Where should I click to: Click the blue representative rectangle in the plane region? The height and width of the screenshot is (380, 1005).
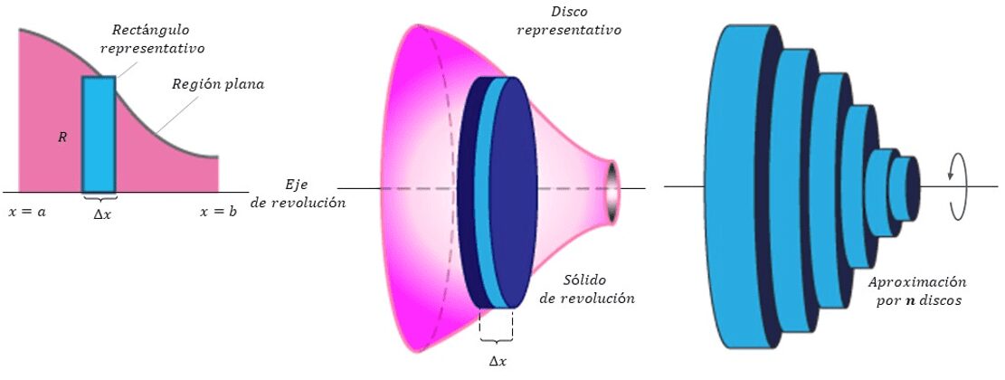pos(99,134)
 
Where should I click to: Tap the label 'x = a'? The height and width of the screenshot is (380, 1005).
pos(27,212)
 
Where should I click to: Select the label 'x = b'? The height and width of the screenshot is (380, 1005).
pos(218,212)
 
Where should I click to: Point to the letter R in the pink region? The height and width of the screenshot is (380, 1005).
pos(62,137)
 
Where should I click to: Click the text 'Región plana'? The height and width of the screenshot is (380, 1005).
pos(218,84)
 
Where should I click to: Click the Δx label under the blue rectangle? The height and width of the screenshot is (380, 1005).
pos(102,215)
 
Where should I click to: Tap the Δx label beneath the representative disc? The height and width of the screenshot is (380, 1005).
pos(498,361)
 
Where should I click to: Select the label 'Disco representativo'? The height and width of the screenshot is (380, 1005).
pos(568,21)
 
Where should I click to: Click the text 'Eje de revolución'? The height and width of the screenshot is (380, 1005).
pos(298,194)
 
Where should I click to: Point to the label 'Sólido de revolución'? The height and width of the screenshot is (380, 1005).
pos(588,290)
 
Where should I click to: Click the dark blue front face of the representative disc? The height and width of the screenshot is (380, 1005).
pos(514,192)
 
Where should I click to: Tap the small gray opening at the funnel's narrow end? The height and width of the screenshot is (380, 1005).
pos(612,192)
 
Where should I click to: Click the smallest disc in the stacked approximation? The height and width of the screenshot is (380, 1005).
pos(905,188)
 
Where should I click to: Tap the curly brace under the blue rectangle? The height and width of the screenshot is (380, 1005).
pos(99,196)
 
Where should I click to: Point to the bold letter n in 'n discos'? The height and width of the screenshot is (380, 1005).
pos(905,299)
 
